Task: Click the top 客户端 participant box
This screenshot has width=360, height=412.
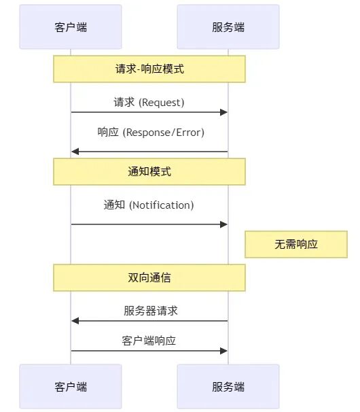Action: pos(71,27)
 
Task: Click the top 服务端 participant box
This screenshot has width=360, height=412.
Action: pos(228,27)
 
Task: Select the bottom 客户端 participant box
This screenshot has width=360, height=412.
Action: pos(71,387)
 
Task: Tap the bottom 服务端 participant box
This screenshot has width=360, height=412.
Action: pos(228,387)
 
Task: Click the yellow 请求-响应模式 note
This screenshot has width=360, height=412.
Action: pos(149,69)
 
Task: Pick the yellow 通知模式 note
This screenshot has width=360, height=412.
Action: pos(149,171)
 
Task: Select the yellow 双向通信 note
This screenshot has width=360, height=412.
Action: pos(149,277)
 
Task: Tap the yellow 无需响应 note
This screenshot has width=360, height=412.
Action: pos(296,244)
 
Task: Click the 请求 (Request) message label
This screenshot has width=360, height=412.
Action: pos(149,103)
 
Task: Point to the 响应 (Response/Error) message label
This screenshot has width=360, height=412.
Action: pos(150,133)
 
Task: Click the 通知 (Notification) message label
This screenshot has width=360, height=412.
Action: pos(149,205)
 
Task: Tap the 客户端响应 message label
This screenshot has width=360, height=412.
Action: pos(149,341)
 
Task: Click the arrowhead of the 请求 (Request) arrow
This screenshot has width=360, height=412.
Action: pos(223,112)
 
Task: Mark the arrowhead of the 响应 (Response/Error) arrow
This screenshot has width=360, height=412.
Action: pos(75,152)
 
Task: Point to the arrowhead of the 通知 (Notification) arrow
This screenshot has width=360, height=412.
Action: pos(223,224)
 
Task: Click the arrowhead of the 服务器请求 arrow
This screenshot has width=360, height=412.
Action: pos(75,321)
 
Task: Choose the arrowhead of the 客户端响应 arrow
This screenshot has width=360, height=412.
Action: pos(223,351)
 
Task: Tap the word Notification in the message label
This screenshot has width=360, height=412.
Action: pos(161,205)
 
